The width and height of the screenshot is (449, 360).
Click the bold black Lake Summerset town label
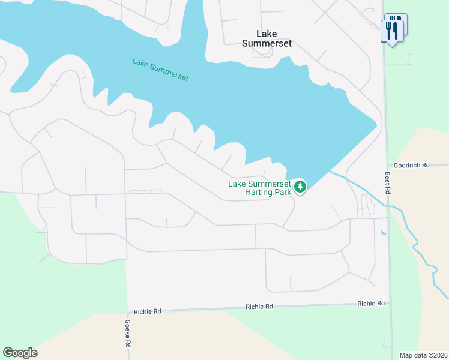267,38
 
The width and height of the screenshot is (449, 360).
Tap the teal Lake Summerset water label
160,70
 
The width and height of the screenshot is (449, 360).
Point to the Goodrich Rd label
412,165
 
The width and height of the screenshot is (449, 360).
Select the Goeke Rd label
127,333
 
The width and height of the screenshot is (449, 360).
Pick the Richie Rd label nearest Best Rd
371,304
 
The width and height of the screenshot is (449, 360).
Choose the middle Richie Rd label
259,307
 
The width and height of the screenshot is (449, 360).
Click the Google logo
20,353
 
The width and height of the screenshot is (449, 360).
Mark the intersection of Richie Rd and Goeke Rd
127,311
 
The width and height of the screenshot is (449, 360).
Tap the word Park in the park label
283,192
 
